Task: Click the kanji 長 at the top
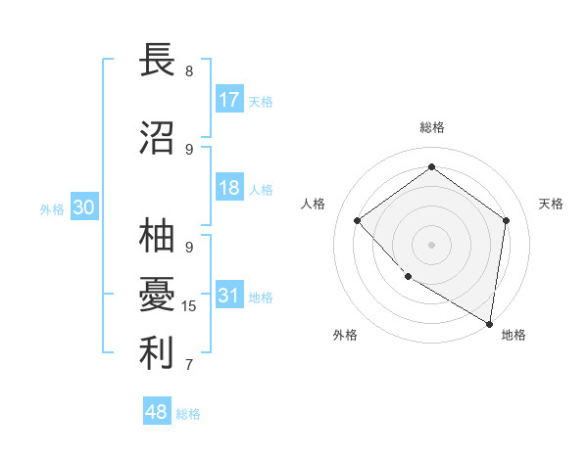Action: coord(157,61)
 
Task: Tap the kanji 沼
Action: coord(157,137)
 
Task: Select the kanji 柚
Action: coord(157,237)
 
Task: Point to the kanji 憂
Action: coord(157,295)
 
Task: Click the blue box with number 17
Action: coord(229,100)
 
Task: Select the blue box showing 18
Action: coord(229,188)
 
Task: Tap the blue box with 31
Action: coord(229,296)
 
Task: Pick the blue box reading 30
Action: coord(83,207)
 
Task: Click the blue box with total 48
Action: coord(157,412)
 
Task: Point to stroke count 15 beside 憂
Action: coord(189,306)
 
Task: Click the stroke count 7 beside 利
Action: coord(189,365)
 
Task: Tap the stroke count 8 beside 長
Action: coord(189,71)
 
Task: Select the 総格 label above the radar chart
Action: coord(431,128)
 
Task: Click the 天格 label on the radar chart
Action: coord(551,204)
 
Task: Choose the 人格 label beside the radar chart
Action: coord(313,204)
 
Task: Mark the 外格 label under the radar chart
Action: coord(345,335)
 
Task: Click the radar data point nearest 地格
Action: coord(490,323)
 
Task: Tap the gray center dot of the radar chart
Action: coord(431,244)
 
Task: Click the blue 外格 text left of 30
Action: coord(51,208)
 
